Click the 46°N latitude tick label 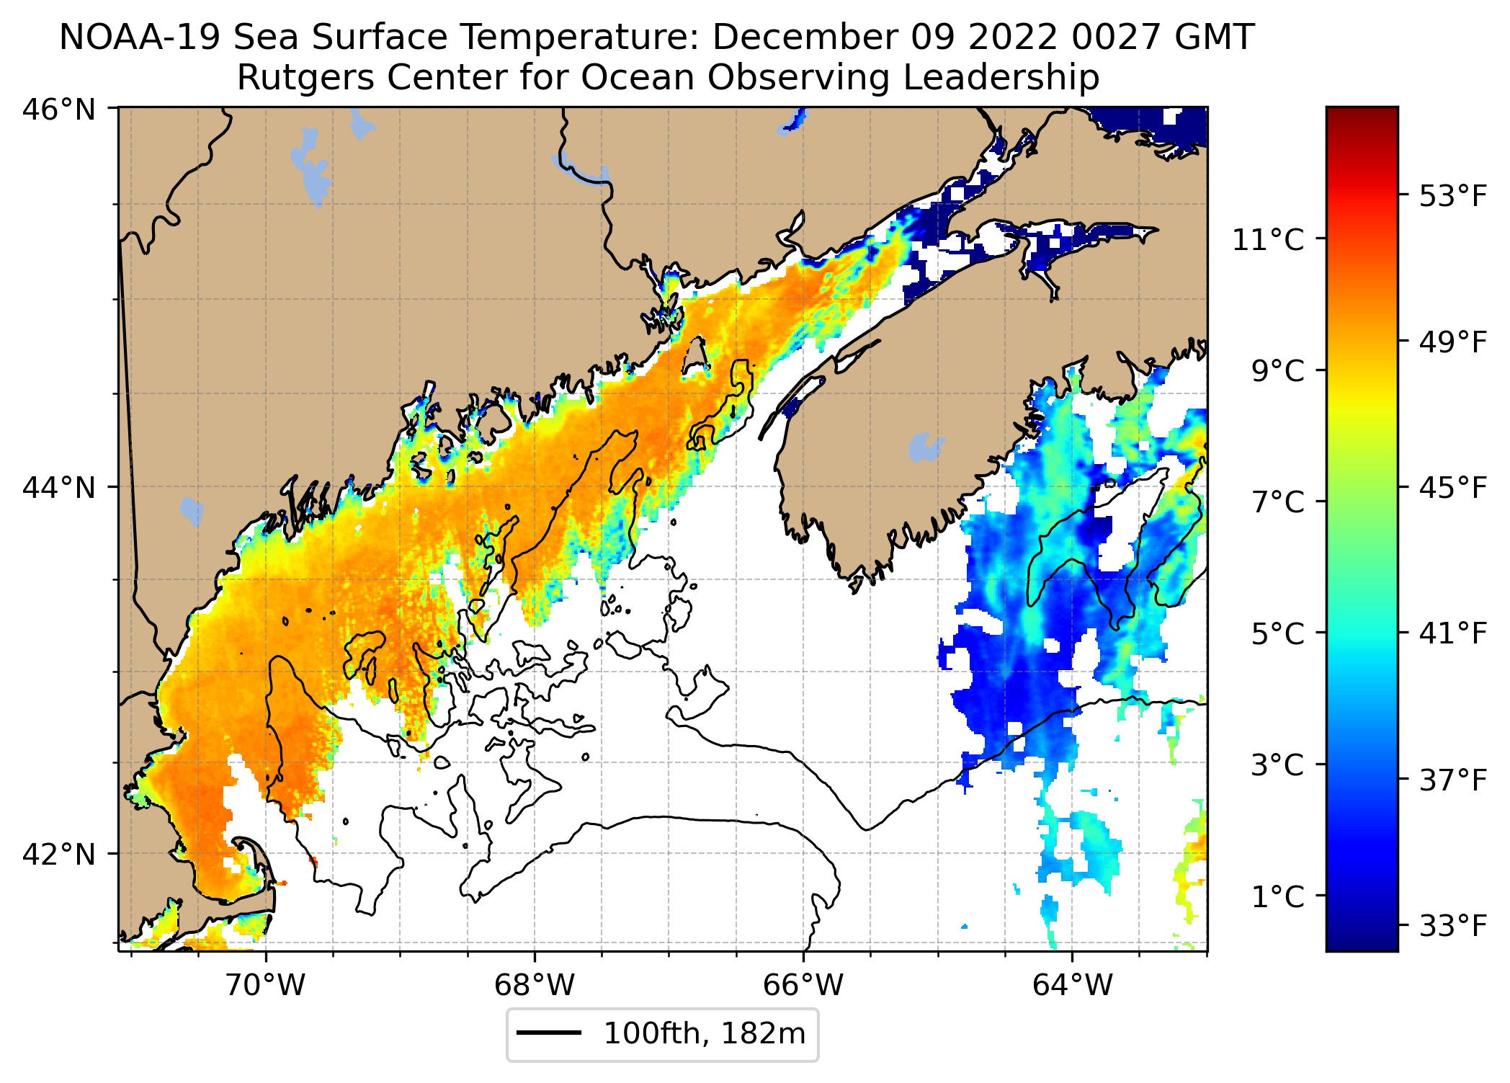click(59, 110)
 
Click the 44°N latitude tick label click(59, 488)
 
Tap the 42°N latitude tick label click(59, 855)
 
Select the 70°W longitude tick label click(266, 984)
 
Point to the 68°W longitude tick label click(535, 984)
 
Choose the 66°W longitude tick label click(803, 984)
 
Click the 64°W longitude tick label click(1072, 984)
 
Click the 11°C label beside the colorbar click(1268, 240)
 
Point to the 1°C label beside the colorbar click(1277, 897)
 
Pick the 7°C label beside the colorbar click(1277, 502)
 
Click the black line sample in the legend click(549, 1033)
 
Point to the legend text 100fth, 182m click(704, 1033)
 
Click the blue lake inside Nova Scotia click(925, 447)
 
